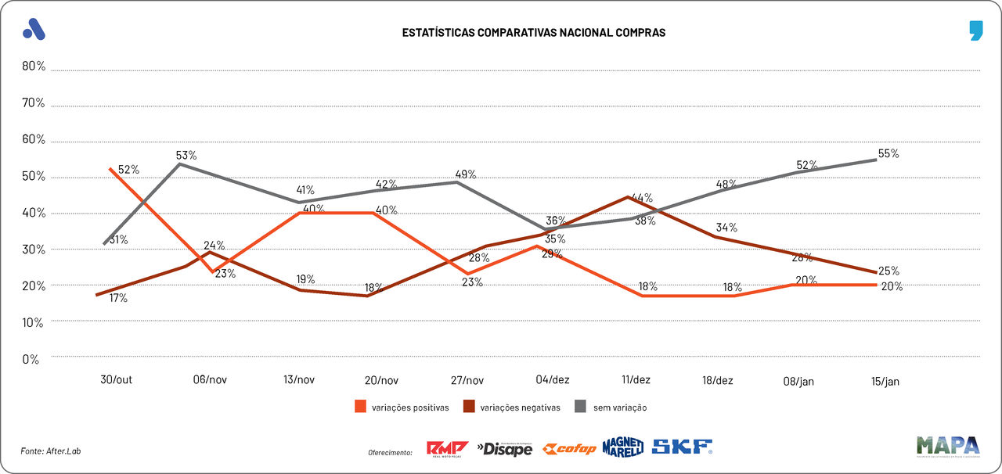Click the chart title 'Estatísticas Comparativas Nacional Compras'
pos(533,33)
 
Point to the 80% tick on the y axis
pos(34,66)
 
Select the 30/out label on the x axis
pos(116,380)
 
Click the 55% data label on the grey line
pos(888,154)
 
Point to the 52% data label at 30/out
pos(128,170)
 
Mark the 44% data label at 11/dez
pos(642,198)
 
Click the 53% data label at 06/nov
pos(186,155)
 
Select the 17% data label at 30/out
pos(117,298)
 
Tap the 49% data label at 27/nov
pos(466,174)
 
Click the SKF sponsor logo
pos(682,447)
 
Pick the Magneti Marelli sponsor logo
pos(622,447)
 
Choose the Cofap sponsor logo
pos(570,448)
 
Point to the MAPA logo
pos(947,446)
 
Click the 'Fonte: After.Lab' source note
pos(51,451)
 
